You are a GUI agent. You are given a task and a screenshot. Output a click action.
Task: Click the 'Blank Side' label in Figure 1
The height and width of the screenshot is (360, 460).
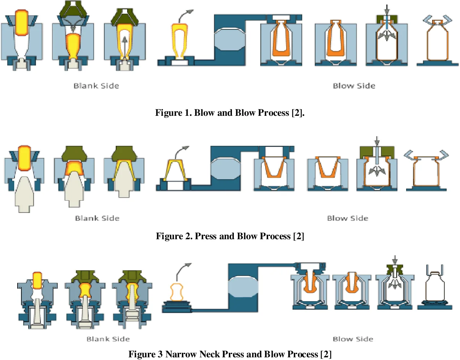[96, 86]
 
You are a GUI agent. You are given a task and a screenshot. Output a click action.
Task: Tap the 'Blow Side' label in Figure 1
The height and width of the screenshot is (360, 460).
[354, 86]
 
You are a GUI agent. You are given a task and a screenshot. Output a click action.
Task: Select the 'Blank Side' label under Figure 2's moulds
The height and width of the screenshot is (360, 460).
[97, 218]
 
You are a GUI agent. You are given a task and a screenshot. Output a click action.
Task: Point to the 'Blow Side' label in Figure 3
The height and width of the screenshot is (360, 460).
[353, 339]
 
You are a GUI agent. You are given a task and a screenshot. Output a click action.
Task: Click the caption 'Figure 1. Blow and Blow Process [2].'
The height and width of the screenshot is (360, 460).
[230, 113]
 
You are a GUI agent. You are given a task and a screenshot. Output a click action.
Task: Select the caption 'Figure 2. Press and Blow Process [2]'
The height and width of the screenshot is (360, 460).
[230, 236]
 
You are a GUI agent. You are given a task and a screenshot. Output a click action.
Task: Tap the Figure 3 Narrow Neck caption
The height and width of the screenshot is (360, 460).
[230, 354]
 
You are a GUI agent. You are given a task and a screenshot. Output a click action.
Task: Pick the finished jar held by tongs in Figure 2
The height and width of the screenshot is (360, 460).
[425, 171]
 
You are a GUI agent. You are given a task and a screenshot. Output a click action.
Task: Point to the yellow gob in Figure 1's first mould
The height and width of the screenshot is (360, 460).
[21, 21]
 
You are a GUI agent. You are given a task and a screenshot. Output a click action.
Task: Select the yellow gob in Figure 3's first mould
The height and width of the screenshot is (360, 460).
[37, 281]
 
